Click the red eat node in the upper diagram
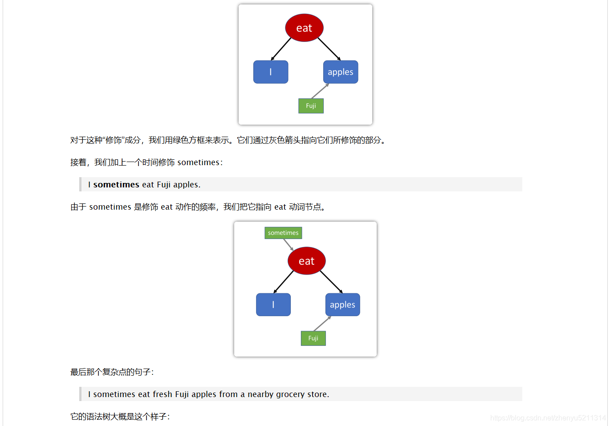coord(304,28)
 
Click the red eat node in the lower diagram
coord(306,261)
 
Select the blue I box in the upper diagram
coord(271,72)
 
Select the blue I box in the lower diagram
coord(273,305)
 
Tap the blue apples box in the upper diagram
coord(341,72)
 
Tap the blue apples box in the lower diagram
coord(342,305)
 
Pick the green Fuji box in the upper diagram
coord(311,106)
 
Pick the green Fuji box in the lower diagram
coord(313,338)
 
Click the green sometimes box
coord(283,233)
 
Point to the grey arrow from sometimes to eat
coord(289,245)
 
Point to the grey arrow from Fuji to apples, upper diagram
coord(320,91)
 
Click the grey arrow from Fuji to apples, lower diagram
coord(322,324)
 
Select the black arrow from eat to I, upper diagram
coord(281,49)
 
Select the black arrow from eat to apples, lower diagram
coord(331,282)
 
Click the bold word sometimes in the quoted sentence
coord(116,185)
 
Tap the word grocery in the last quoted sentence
coord(290,394)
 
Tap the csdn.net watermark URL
coord(548,418)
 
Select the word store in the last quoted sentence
coord(317,394)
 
